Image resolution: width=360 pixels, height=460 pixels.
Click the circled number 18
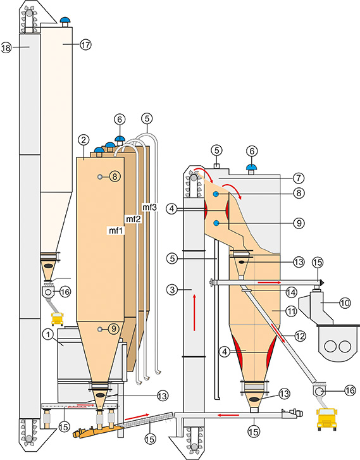point(6,47)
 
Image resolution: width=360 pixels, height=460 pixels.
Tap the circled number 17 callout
point(85,44)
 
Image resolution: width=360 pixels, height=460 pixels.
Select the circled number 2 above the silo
point(84,140)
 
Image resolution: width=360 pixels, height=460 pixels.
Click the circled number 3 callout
point(172,290)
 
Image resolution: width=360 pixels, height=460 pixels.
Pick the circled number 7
point(299,178)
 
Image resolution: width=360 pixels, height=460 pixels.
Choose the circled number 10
point(345,302)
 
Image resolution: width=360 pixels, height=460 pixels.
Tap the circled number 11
point(290,311)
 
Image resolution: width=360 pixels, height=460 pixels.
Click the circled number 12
point(300,336)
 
